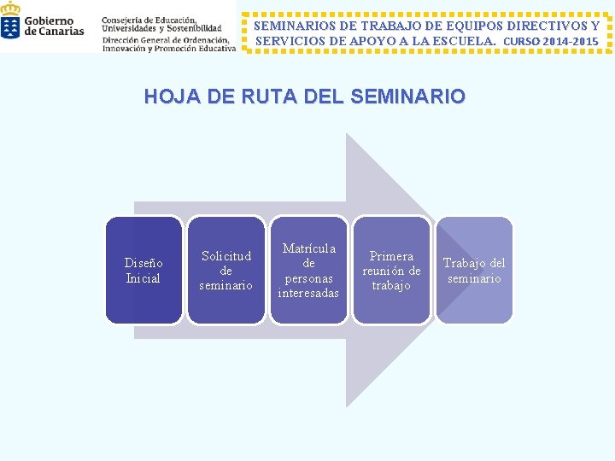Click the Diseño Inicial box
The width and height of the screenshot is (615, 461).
pos(143,270)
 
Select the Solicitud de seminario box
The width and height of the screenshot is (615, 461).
pos(225,270)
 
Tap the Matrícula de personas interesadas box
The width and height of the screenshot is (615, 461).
pos(308,270)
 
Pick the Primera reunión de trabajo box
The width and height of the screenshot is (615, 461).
pos(391,270)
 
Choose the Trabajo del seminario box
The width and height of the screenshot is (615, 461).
pos(474,270)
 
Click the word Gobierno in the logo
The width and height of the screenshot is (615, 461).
pos(49,20)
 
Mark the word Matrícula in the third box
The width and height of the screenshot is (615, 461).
pos(308,248)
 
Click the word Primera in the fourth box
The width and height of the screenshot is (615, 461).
pos(391,256)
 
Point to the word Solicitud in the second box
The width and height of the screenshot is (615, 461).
pos(225,256)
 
